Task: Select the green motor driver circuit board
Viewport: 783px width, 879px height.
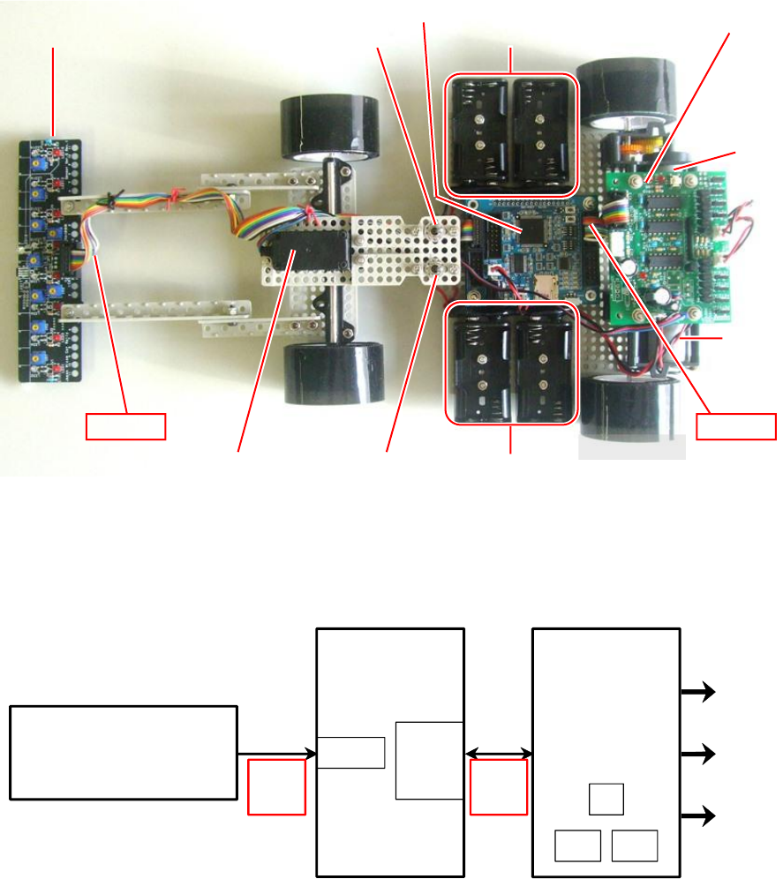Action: pyautogui.click(x=671, y=238)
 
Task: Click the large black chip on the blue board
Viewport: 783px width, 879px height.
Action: pyautogui.click(x=535, y=231)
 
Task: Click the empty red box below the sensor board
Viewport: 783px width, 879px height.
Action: pyautogui.click(x=125, y=425)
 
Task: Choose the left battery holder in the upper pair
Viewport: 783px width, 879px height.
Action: pyautogui.click(x=479, y=133)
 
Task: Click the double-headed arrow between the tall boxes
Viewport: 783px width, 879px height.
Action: pyautogui.click(x=498, y=753)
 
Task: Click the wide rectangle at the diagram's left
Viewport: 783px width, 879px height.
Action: pyautogui.click(x=124, y=752)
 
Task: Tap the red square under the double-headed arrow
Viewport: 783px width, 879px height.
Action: pyautogui.click(x=498, y=786)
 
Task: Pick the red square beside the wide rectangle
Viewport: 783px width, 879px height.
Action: pyautogui.click(x=276, y=786)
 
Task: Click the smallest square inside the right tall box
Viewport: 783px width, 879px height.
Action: pyautogui.click(x=606, y=799)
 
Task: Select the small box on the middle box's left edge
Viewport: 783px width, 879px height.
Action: pyautogui.click(x=351, y=753)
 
